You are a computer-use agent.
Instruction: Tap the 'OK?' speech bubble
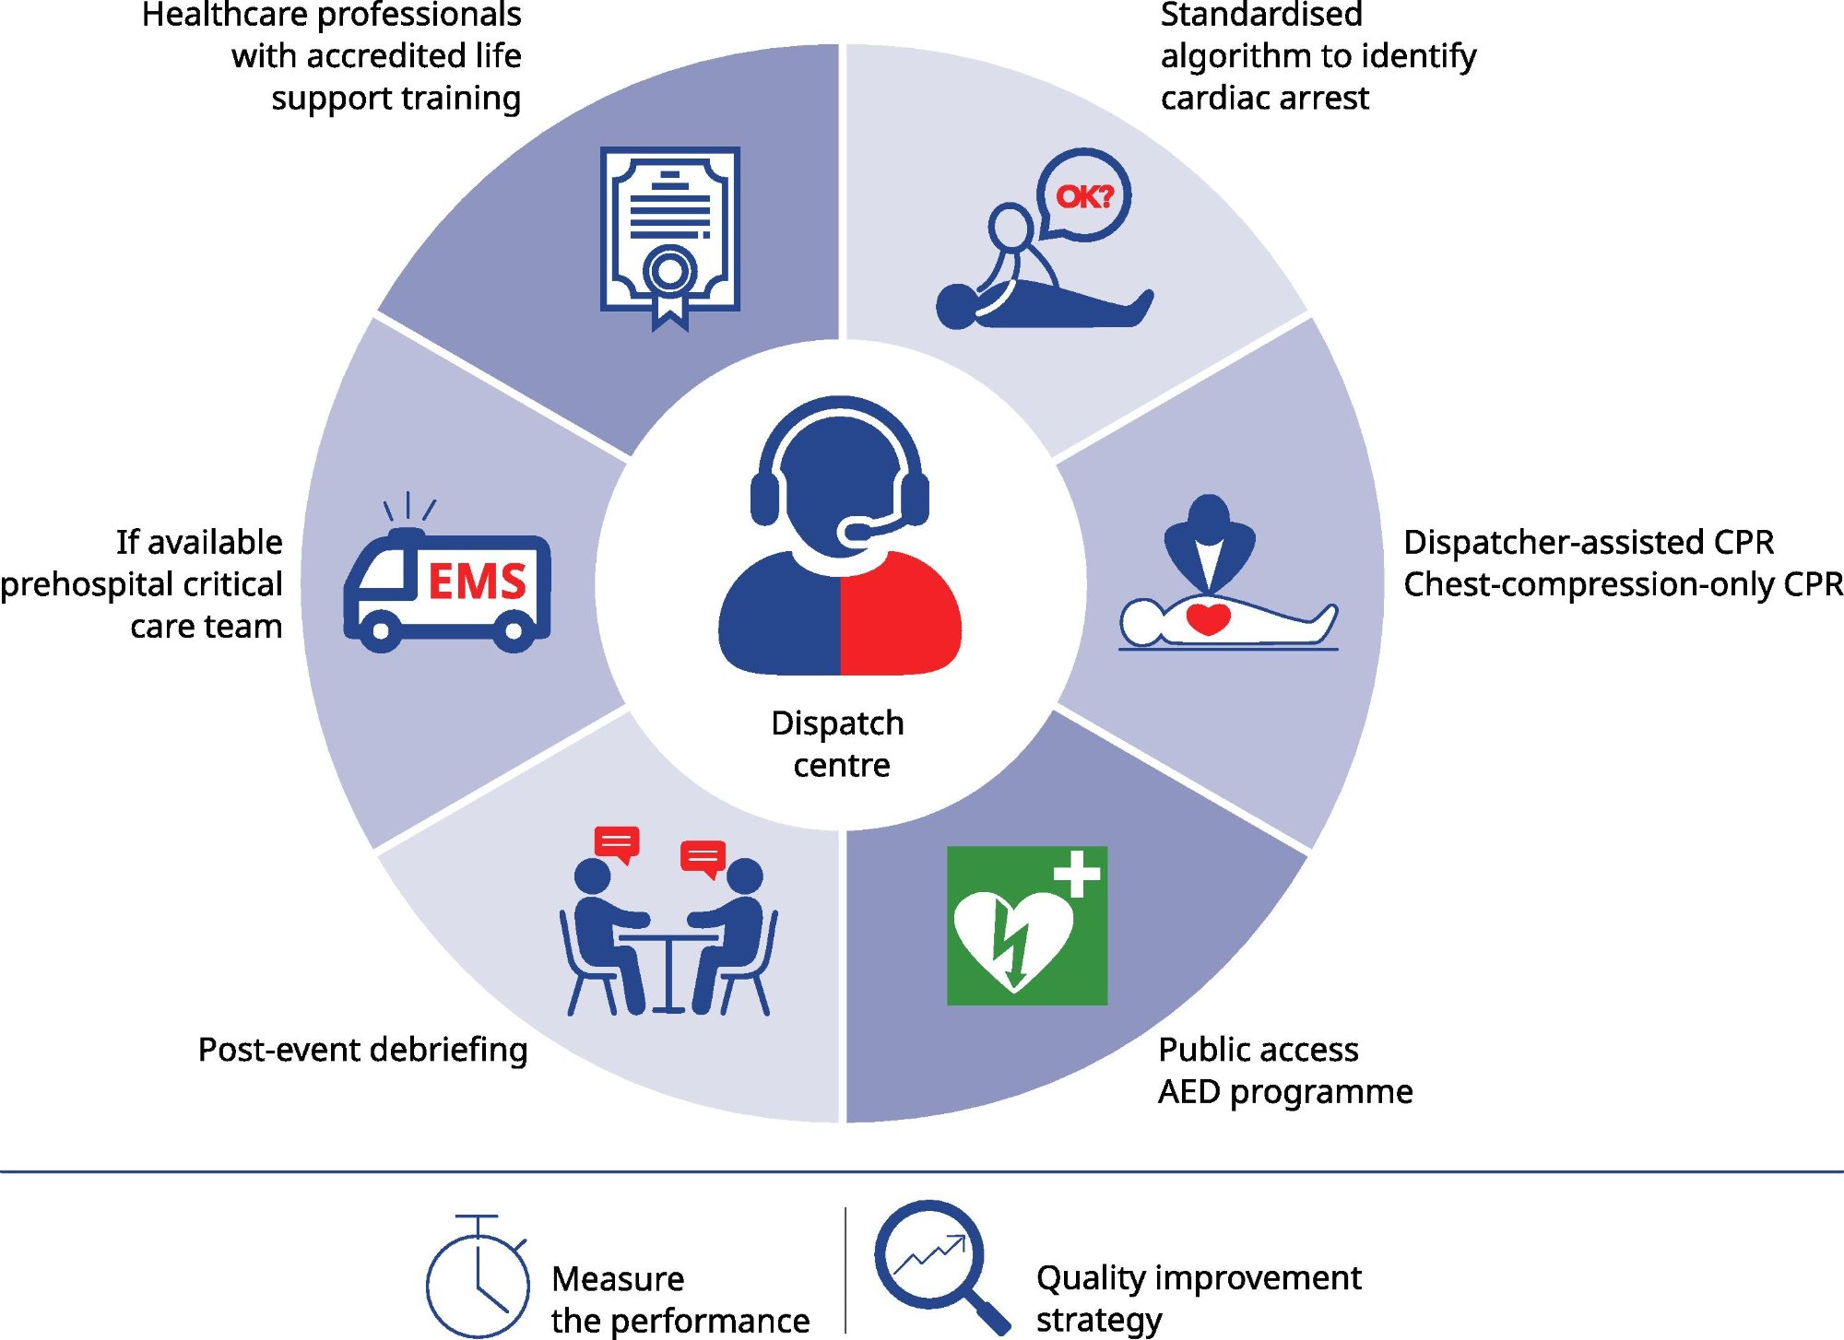coord(1084,195)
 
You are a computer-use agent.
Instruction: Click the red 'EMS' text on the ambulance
coord(477,582)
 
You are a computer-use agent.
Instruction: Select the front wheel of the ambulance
coord(379,632)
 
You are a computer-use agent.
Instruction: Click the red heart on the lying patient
coord(1208,617)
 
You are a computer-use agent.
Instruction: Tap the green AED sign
coord(1026,925)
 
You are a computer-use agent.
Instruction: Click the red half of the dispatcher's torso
coord(899,617)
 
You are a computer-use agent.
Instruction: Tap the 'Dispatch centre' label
coord(839,744)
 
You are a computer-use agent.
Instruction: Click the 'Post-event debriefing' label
coord(362,1050)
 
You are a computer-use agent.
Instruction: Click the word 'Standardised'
coord(1260,15)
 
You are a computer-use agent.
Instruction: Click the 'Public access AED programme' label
coord(1284,1070)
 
